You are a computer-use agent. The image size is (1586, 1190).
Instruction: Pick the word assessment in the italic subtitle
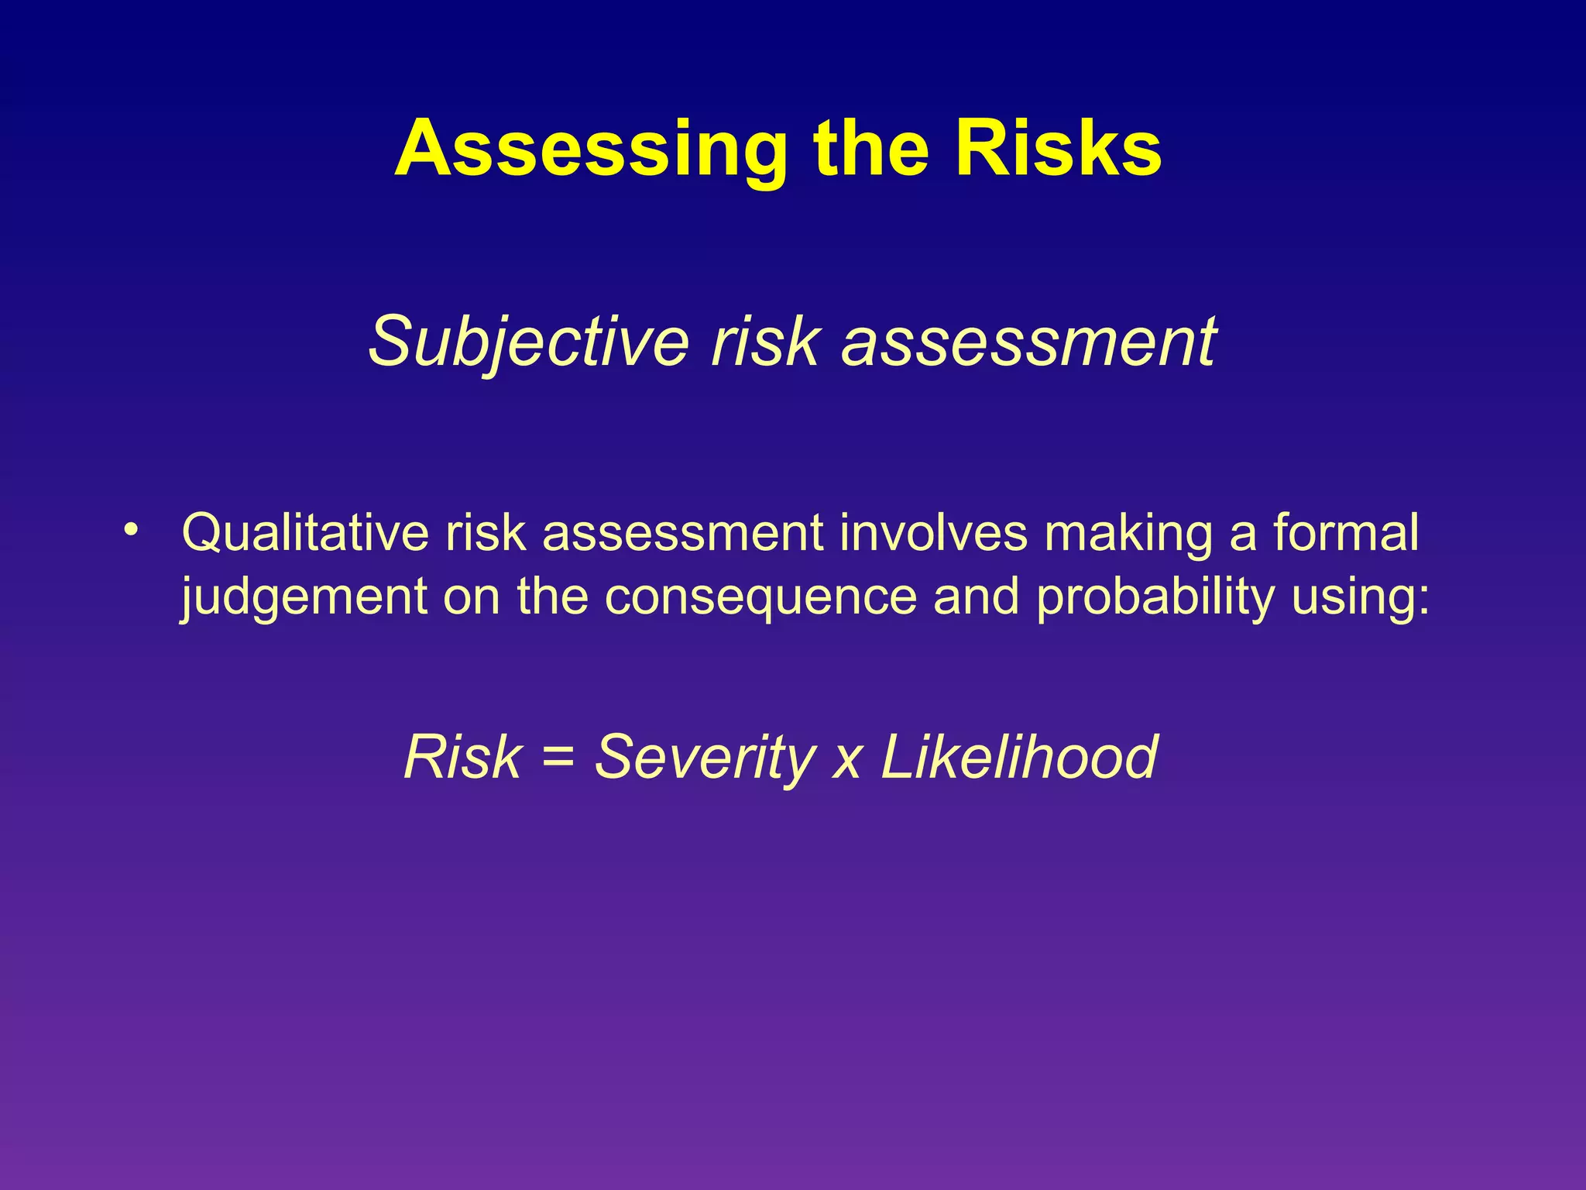coord(1028,342)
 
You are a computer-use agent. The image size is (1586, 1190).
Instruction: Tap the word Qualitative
coord(304,534)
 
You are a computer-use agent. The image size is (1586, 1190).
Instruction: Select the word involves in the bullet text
coord(933,534)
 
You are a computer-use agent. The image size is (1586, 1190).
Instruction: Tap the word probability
coord(1155,598)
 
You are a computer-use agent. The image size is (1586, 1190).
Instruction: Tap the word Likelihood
coord(1019,757)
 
